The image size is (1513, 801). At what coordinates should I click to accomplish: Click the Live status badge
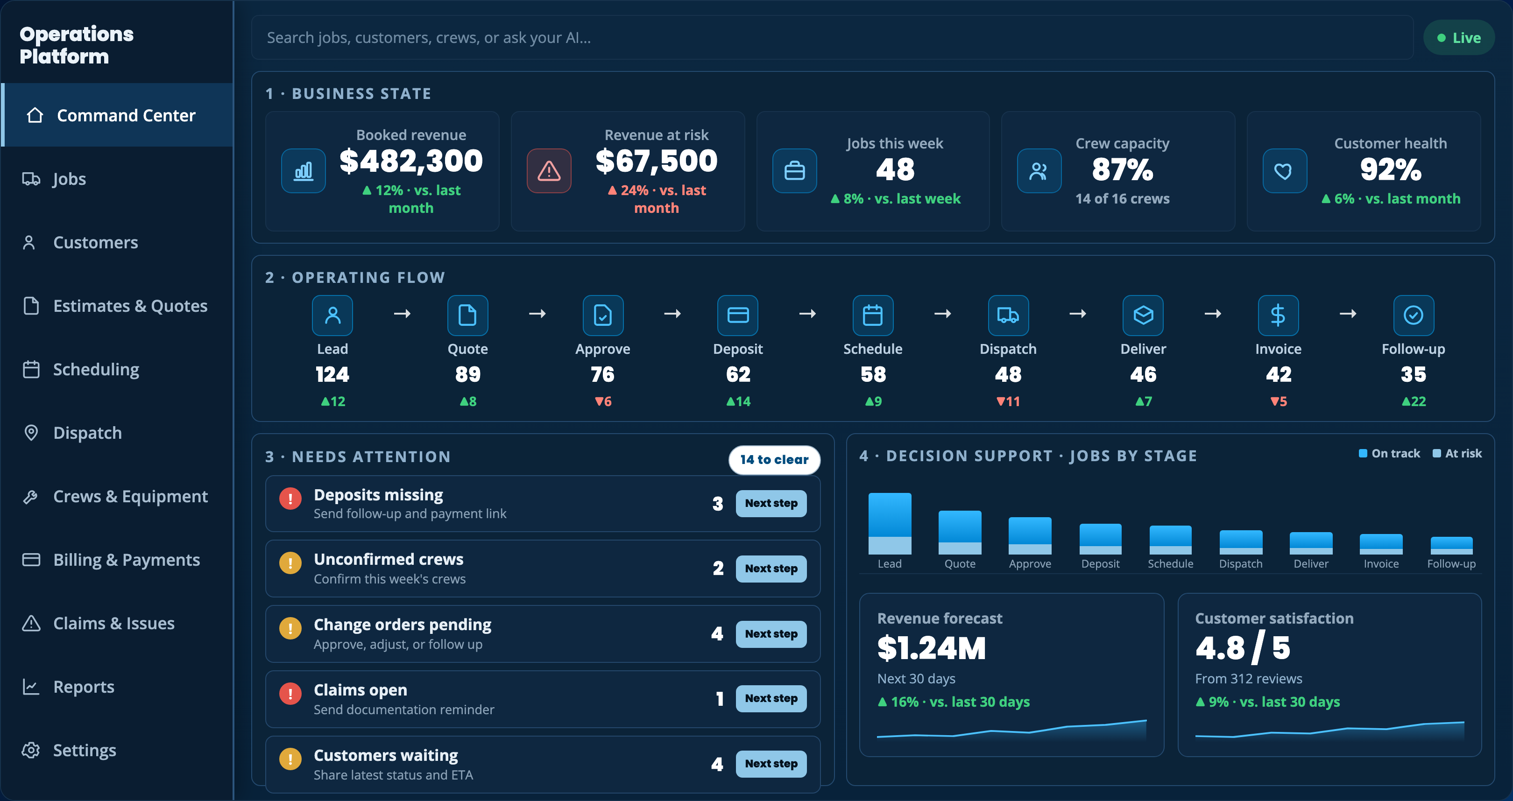point(1458,38)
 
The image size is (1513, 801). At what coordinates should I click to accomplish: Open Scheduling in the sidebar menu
point(96,369)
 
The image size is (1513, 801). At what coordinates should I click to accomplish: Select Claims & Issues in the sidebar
point(113,623)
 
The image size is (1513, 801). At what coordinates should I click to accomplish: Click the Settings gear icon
point(30,750)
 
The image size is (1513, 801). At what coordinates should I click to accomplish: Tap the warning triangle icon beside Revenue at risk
point(549,171)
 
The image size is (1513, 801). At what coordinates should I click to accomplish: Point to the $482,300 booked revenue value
point(411,162)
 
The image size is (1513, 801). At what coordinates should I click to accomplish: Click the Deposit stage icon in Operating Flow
point(738,316)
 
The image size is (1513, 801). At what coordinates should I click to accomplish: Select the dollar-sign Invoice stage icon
point(1278,316)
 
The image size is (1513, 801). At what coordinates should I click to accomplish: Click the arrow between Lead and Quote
point(402,314)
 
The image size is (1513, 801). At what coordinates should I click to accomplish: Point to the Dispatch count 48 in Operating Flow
point(1008,374)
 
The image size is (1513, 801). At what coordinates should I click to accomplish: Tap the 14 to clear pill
point(774,460)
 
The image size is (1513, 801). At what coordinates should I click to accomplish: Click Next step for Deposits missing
point(771,503)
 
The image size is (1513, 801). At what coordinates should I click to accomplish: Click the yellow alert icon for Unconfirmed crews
point(290,562)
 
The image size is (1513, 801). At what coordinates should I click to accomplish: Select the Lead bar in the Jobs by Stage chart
point(890,523)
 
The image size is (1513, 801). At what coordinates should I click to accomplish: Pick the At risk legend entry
point(1457,453)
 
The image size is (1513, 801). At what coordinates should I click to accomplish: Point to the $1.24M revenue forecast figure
point(932,648)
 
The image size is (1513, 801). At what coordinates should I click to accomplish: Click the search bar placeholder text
point(429,38)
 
